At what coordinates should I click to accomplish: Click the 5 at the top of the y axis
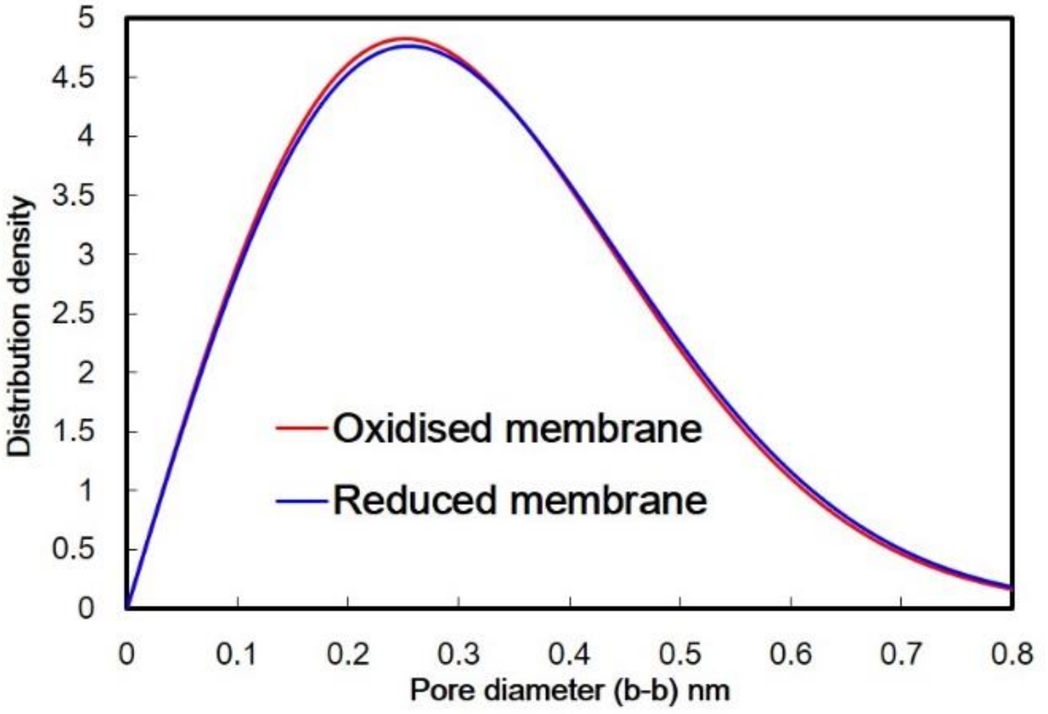(x=86, y=18)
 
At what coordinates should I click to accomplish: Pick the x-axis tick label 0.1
(x=237, y=654)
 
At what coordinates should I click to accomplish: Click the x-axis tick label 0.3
(x=459, y=654)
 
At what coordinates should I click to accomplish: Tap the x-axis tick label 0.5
(x=680, y=654)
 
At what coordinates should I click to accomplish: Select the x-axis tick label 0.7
(x=901, y=654)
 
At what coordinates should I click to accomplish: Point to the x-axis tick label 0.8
(x=1012, y=654)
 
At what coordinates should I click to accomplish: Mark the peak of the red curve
(x=403, y=38)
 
